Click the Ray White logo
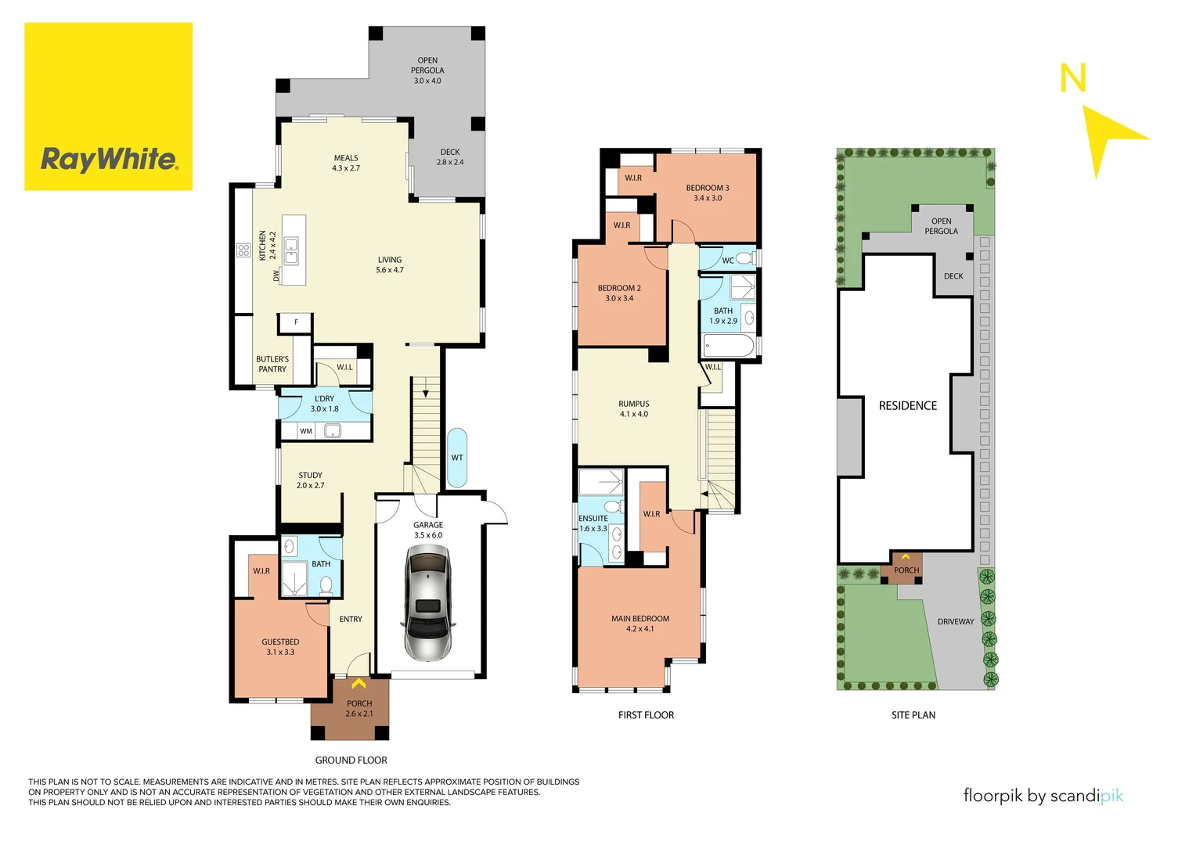[109, 160]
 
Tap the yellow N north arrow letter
[1072, 79]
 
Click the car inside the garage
[427, 602]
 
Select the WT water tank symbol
[457, 458]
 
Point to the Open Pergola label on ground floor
[427, 70]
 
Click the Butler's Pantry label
[272, 364]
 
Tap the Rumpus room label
[633, 409]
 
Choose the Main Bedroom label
[639, 624]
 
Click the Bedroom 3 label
[708, 192]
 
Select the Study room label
[310, 480]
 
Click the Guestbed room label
[280, 647]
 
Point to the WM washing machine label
[306, 431]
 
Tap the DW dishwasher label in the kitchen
[276, 275]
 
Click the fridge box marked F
[296, 322]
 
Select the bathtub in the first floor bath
[729, 346]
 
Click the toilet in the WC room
[744, 259]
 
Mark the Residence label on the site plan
[907, 406]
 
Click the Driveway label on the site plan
[956, 622]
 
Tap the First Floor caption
[646, 715]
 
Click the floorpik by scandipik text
[1043, 796]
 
